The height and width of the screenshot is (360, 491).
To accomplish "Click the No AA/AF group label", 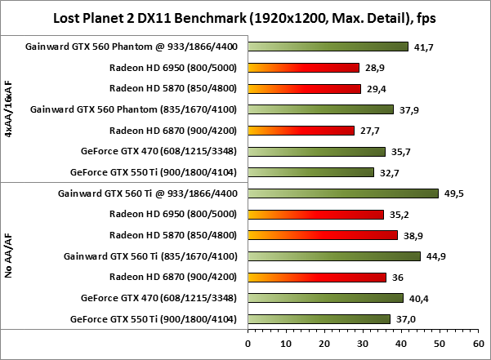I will pos(9,255).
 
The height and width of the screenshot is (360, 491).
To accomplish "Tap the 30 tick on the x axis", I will pos(362,344).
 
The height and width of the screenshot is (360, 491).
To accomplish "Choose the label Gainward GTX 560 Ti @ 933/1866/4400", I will pos(150,193).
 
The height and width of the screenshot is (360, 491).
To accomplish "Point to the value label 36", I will pos(398,278).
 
